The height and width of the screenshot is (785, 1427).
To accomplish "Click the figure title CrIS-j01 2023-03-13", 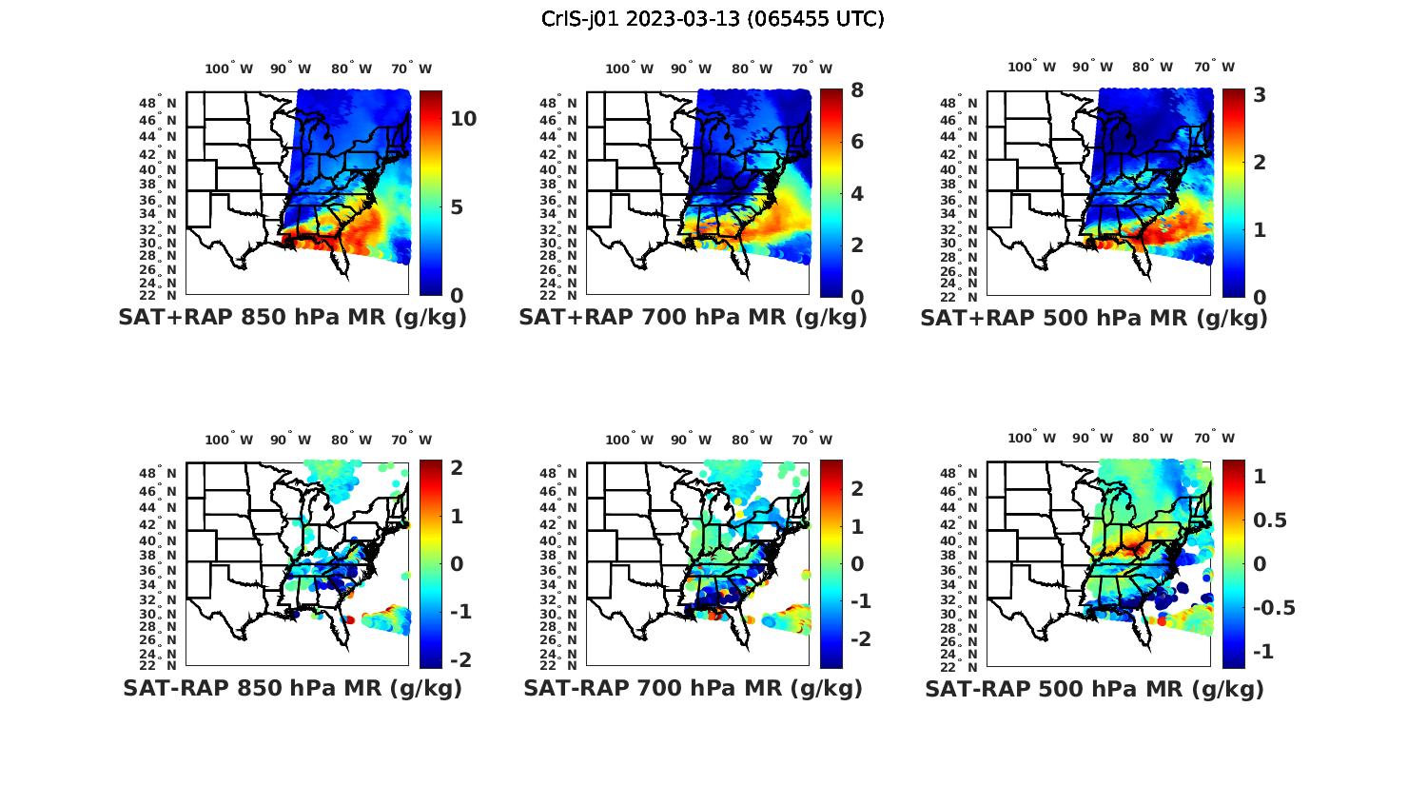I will point(713,19).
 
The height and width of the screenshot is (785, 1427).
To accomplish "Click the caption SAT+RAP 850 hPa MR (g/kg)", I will point(292,318).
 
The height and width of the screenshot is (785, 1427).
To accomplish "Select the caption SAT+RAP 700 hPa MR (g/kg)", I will point(693,318).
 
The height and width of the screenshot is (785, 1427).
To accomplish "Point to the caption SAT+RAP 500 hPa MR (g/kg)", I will point(1094,318).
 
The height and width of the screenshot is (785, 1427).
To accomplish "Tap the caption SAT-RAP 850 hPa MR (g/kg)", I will point(292,688).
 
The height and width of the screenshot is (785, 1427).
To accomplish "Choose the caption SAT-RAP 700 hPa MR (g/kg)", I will point(693,688).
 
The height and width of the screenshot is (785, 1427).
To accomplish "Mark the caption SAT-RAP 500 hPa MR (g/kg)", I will point(1094,689).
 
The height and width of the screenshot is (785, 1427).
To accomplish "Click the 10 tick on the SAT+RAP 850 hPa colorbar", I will point(463,119).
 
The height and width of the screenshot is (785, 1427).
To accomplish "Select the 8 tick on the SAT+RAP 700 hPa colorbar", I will point(857,90).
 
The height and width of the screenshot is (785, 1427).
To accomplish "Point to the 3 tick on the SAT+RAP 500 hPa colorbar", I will point(1260,94).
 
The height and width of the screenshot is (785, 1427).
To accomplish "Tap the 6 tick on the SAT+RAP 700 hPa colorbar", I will point(857,142).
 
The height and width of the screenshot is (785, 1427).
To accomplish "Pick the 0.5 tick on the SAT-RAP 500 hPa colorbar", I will point(1270,520).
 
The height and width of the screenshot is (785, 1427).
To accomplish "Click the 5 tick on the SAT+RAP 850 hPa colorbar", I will point(457,207).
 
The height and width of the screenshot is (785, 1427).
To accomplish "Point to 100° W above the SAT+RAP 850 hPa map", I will point(228,69).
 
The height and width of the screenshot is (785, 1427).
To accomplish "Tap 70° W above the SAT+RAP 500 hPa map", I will point(1213,67).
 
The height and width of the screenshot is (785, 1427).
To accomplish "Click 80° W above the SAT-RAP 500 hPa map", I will point(1153,439).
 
